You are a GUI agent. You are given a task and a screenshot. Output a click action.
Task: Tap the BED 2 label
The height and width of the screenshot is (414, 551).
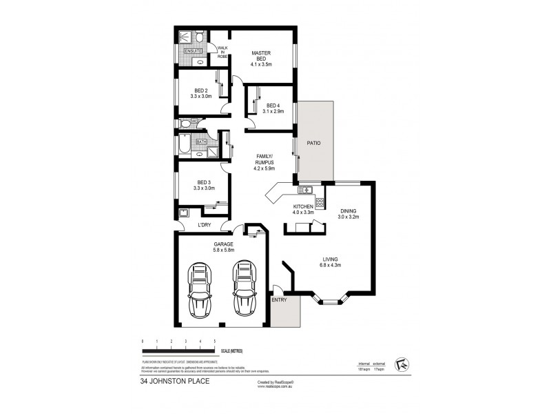click(x=201, y=91)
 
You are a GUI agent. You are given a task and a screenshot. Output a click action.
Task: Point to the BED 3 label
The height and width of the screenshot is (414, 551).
click(x=201, y=182)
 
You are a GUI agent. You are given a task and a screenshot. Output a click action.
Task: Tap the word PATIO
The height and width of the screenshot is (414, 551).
click(x=314, y=143)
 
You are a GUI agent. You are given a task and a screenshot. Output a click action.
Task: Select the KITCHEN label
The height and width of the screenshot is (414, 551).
click(x=304, y=207)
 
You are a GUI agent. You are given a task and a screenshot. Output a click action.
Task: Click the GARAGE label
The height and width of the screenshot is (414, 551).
click(x=222, y=244)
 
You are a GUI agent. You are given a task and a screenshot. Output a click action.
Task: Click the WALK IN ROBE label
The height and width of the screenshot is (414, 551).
click(x=222, y=52)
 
